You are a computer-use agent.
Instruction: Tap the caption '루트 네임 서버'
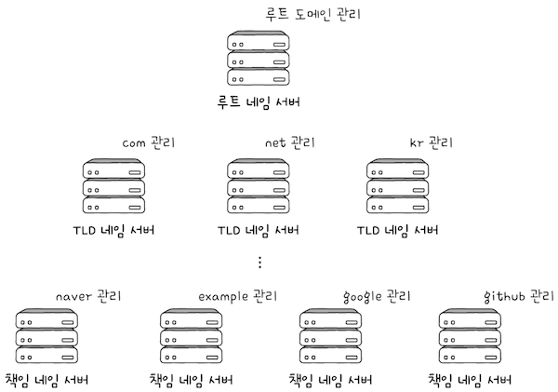click(x=259, y=101)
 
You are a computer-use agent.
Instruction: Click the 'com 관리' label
click(x=149, y=144)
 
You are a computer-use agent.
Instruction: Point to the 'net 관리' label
click(x=290, y=144)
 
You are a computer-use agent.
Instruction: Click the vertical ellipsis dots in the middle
click(x=260, y=263)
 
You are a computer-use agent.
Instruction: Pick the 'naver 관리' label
click(x=89, y=297)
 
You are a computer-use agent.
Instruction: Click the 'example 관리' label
click(x=236, y=297)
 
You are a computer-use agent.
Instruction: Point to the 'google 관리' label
click(x=377, y=297)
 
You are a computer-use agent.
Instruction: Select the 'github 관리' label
click(x=518, y=297)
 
